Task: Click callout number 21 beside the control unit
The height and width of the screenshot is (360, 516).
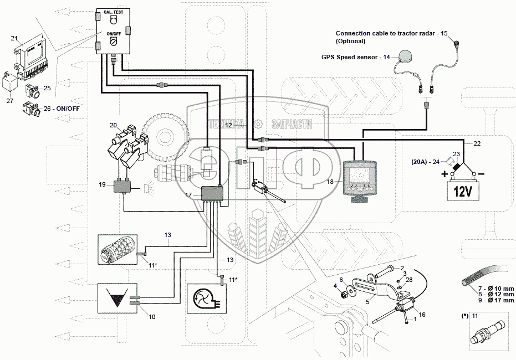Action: coord(15,38)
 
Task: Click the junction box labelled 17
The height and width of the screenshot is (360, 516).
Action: coord(211,193)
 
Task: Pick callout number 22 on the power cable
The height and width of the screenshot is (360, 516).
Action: coord(477,143)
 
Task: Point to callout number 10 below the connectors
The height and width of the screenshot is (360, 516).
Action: coord(152,316)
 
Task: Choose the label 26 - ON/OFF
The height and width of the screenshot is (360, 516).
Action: coord(62,108)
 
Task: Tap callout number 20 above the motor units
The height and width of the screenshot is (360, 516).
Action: coord(113,125)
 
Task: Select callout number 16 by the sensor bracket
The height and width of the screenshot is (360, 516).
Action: coord(422,315)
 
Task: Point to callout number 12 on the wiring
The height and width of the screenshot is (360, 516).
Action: coord(228,126)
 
